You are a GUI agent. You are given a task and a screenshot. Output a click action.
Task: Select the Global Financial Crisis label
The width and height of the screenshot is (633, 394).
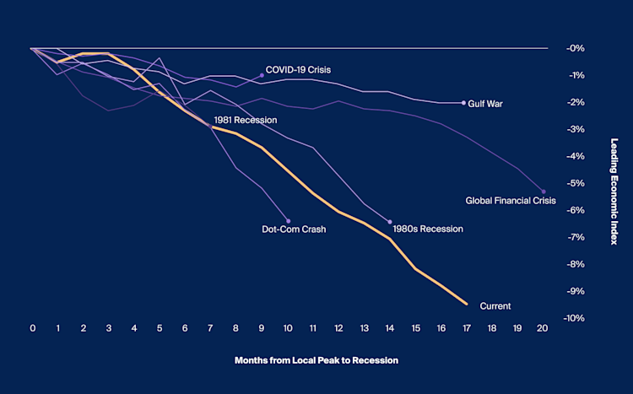pyautogui.click(x=511, y=201)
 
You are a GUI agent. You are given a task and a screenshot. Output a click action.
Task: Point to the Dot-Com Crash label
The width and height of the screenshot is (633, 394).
pyautogui.click(x=294, y=229)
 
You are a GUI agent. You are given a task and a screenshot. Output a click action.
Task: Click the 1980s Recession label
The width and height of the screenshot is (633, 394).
pyautogui.click(x=428, y=229)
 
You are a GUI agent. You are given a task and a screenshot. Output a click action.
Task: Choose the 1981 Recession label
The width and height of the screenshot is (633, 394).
pyautogui.click(x=245, y=120)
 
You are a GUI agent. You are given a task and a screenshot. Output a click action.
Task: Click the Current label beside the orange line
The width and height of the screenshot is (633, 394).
pyautogui.click(x=495, y=305)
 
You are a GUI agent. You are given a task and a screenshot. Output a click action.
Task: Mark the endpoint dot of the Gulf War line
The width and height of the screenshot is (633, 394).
pyautogui.click(x=463, y=103)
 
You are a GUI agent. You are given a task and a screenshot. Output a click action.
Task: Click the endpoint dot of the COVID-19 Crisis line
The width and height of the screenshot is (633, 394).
pyautogui.click(x=262, y=75)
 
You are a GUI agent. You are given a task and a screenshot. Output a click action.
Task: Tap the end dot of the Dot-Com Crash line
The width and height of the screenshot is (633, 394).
pyautogui.click(x=288, y=221)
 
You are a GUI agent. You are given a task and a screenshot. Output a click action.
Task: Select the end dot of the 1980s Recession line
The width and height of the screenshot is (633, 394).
pyautogui.click(x=390, y=222)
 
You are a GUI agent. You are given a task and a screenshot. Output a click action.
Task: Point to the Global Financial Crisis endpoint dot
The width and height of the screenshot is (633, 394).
pyautogui.click(x=544, y=192)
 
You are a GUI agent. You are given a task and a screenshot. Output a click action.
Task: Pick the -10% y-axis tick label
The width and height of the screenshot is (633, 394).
pyautogui.click(x=576, y=318)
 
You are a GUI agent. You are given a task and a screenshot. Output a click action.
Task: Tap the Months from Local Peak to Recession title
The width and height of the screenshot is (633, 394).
pyautogui.click(x=316, y=360)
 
